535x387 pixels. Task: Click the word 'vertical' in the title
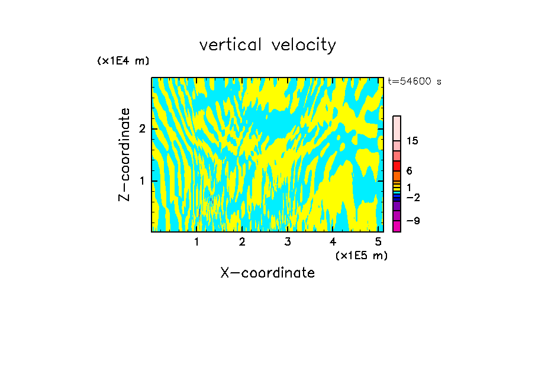228,45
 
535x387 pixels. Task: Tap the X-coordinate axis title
267,273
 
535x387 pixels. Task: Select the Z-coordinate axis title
125,154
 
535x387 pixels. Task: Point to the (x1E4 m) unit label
123,61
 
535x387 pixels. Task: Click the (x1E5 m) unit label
361,255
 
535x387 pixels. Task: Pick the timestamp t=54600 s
414,82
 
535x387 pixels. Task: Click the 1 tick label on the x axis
196,241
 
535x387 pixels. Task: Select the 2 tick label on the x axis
242,241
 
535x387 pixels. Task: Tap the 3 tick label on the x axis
287,241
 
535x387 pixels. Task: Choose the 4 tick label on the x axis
333,241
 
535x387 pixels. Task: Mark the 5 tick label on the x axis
378,241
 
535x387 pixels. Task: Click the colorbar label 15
412,141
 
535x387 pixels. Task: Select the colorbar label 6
409,171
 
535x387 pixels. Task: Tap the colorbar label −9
413,221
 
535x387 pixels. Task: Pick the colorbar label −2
413,198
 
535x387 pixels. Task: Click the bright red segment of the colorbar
397,166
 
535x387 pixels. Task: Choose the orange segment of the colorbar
397,176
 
